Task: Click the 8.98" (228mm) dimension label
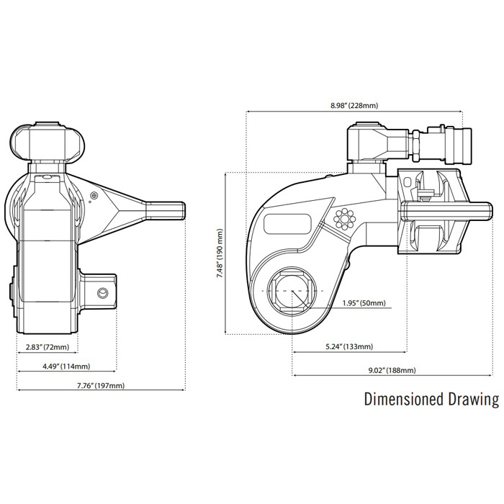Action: point(354,105)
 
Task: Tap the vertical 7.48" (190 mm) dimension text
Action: point(220,253)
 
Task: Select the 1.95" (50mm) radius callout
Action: point(364,303)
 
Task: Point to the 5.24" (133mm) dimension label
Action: point(349,346)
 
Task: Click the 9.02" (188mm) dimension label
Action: point(392,370)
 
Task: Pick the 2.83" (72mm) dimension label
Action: point(48,347)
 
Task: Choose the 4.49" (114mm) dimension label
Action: point(66,366)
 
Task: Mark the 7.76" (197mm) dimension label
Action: point(101,385)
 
